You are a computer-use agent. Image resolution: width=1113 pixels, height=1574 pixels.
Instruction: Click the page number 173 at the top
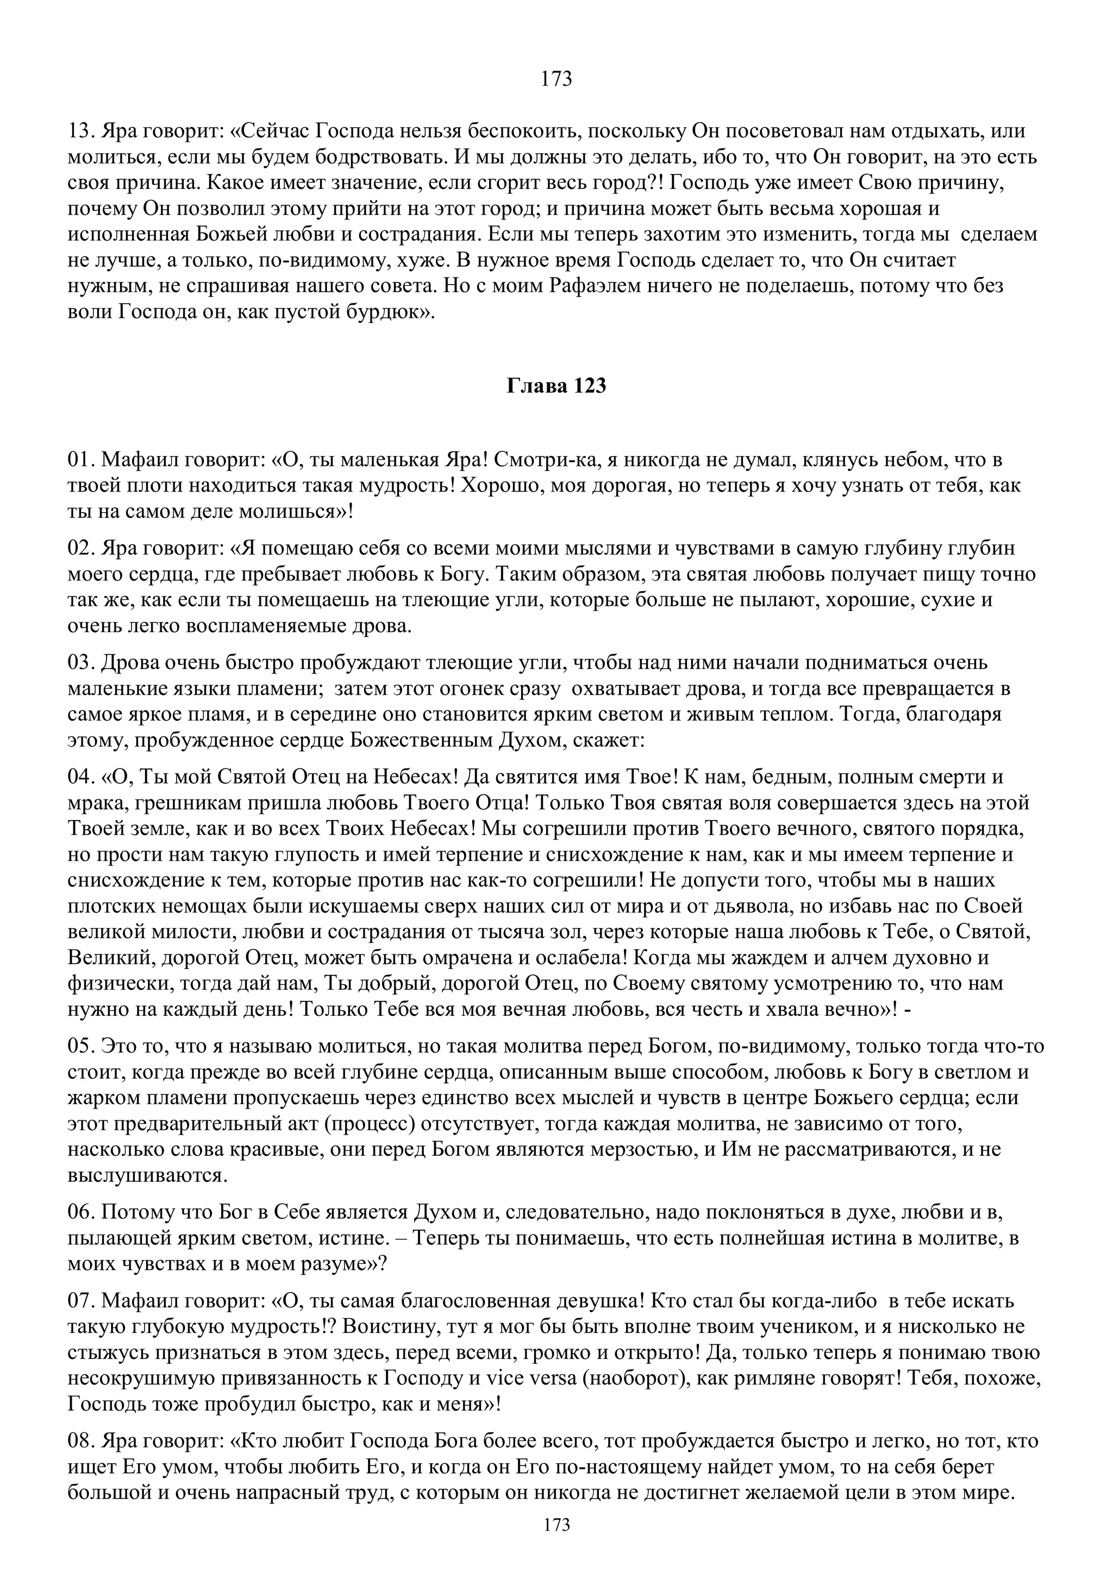tap(556, 79)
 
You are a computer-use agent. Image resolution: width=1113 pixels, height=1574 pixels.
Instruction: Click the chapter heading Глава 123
tap(556, 386)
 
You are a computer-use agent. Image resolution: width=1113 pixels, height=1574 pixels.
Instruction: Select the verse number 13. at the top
tap(81, 131)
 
